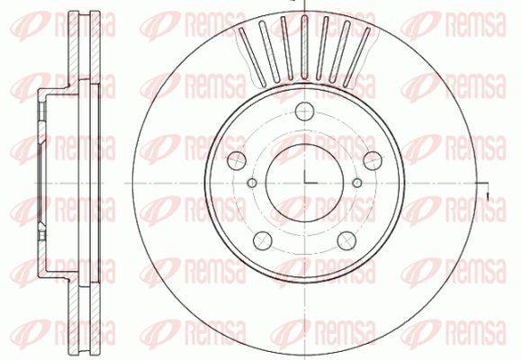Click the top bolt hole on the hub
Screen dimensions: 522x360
coord(304,111)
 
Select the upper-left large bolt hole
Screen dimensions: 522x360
coord(237,160)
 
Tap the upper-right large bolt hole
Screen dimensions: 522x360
coord(373,160)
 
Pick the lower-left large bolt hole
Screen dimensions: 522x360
coord(262,241)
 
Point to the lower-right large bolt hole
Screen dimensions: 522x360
coord(346,241)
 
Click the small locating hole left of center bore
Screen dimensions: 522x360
coord(252,183)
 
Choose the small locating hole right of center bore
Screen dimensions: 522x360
coord(357,183)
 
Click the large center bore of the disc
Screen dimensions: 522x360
coord(304,183)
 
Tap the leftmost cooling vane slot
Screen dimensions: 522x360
coord(252,56)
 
